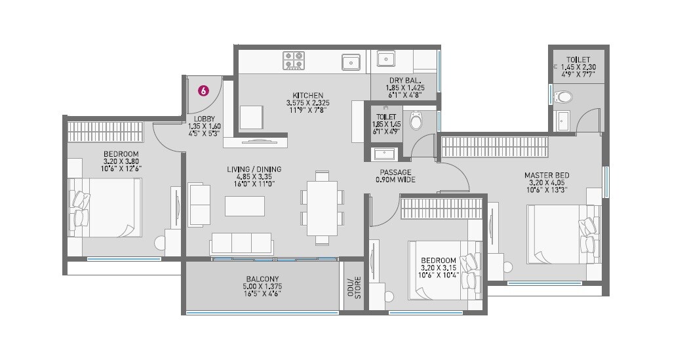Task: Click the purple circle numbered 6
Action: point(203,92)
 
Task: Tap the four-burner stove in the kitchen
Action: point(293,60)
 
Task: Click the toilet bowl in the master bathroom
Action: point(562,98)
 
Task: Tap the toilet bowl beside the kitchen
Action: point(416,121)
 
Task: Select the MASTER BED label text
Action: point(546,175)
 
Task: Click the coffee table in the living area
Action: point(245,206)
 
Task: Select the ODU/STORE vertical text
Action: point(354,287)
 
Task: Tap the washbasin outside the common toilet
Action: point(384,154)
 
